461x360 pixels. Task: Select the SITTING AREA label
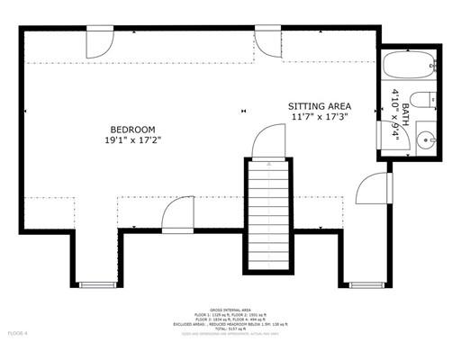pyautogui.click(x=319, y=105)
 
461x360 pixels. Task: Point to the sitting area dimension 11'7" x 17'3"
pyautogui.click(x=319, y=117)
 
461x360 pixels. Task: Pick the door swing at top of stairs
pyautogui.click(x=267, y=142)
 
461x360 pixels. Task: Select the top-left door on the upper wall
pyautogui.click(x=98, y=42)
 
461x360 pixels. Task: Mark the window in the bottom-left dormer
pyautogui.click(x=95, y=285)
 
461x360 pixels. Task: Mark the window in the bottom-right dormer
pyautogui.click(x=366, y=285)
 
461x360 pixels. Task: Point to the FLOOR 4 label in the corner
pyautogui.click(x=18, y=334)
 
